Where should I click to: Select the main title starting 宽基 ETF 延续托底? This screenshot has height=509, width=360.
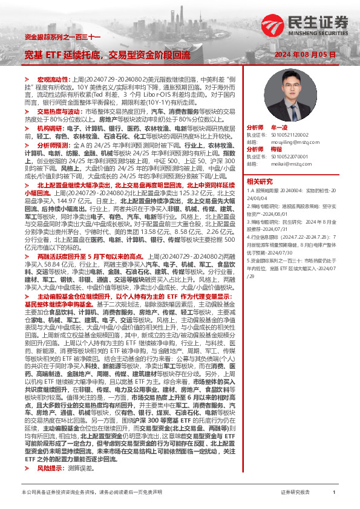(106, 54)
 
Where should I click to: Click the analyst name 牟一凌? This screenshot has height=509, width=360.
(281, 128)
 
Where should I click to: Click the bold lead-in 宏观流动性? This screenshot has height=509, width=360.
(53, 79)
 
